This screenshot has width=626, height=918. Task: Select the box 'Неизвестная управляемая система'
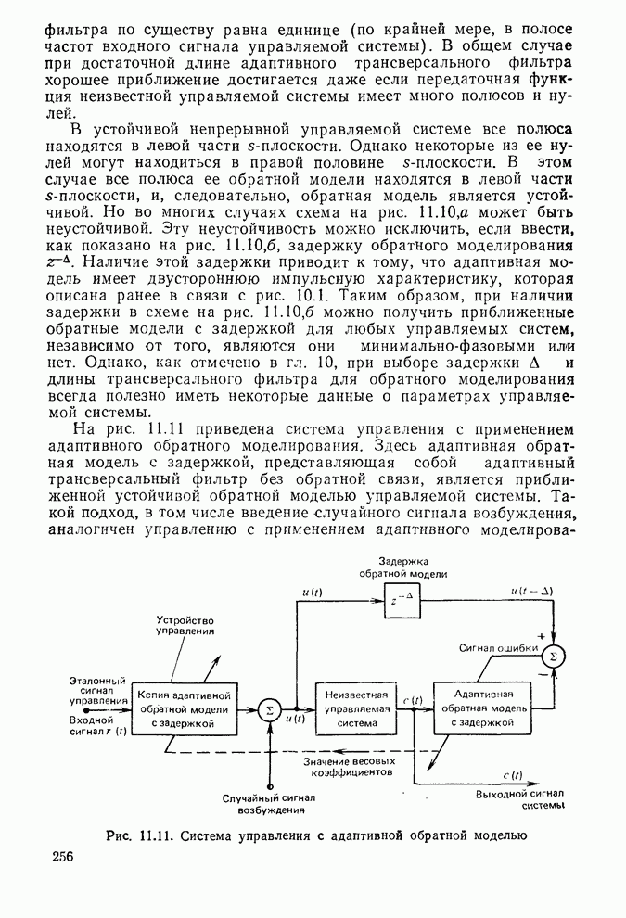click(x=351, y=709)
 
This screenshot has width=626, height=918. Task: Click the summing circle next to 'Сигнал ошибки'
click(x=553, y=657)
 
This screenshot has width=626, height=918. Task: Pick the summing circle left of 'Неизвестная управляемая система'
click(x=269, y=709)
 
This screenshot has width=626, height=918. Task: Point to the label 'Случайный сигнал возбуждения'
click(x=269, y=803)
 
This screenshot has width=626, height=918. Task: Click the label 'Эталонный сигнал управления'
click(x=98, y=692)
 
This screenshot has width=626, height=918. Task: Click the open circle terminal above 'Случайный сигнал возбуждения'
click(x=269, y=784)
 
